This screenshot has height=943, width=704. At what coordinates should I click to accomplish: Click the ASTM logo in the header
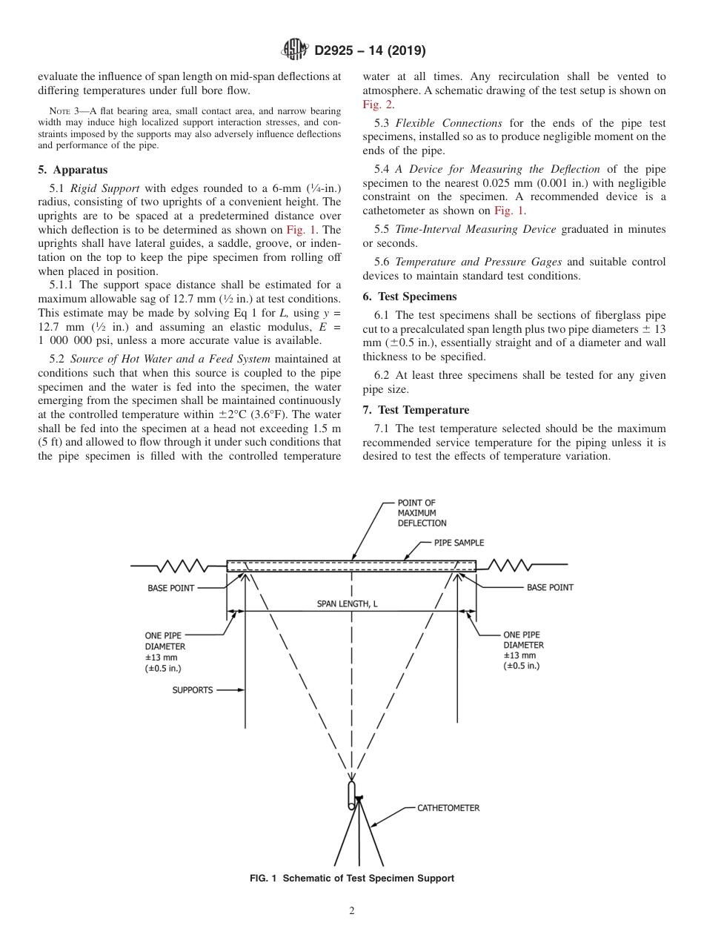coord(296,50)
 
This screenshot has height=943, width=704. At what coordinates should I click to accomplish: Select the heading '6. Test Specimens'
coord(410,297)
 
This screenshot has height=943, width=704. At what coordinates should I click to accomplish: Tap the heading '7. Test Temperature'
coord(416,410)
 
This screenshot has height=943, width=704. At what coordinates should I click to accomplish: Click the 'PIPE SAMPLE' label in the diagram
coord(459,543)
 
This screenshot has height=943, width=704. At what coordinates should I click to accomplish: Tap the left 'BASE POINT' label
coord(171,588)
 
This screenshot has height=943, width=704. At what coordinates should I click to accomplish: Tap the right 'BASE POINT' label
coord(550,587)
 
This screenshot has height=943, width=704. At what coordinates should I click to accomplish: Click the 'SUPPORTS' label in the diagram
coord(193,690)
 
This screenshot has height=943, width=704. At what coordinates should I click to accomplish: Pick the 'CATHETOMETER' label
coord(448,807)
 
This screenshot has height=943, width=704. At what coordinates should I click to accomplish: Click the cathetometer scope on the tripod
coord(352,795)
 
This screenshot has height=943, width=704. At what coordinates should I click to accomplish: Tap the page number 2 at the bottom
coord(351,911)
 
